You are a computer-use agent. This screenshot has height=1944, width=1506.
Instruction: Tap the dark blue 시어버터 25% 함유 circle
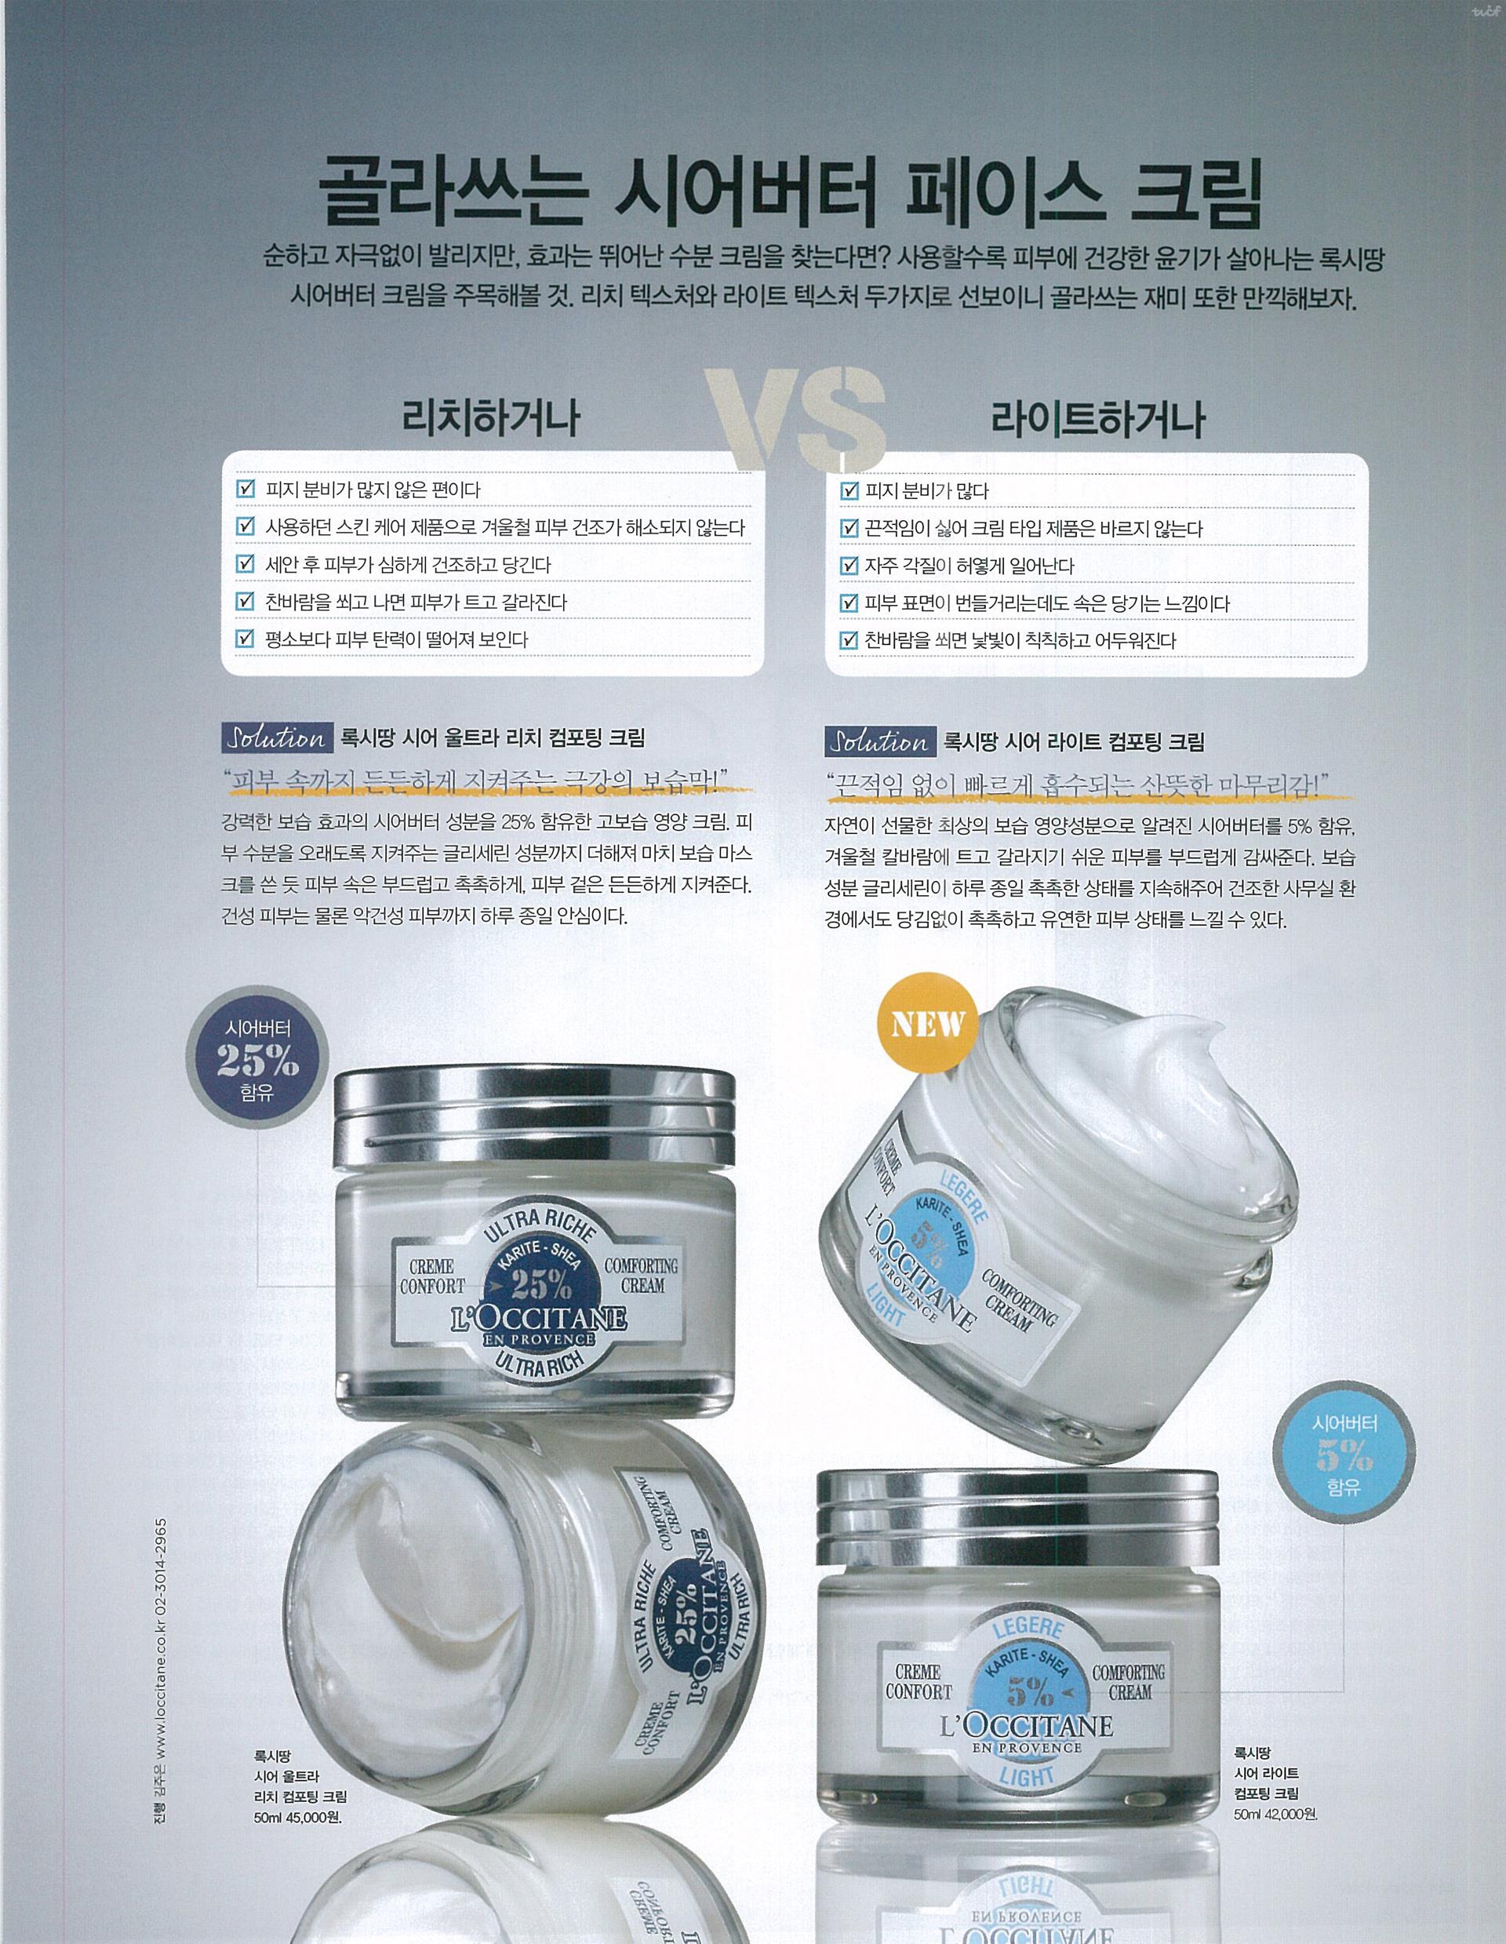[257, 1060]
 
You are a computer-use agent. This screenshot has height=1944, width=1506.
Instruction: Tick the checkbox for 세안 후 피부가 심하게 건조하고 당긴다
[245, 563]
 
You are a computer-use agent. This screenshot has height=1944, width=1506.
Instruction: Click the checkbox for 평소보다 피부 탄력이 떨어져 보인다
[245, 639]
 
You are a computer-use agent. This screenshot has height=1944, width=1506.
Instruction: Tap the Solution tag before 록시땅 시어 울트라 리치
[277, 738]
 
